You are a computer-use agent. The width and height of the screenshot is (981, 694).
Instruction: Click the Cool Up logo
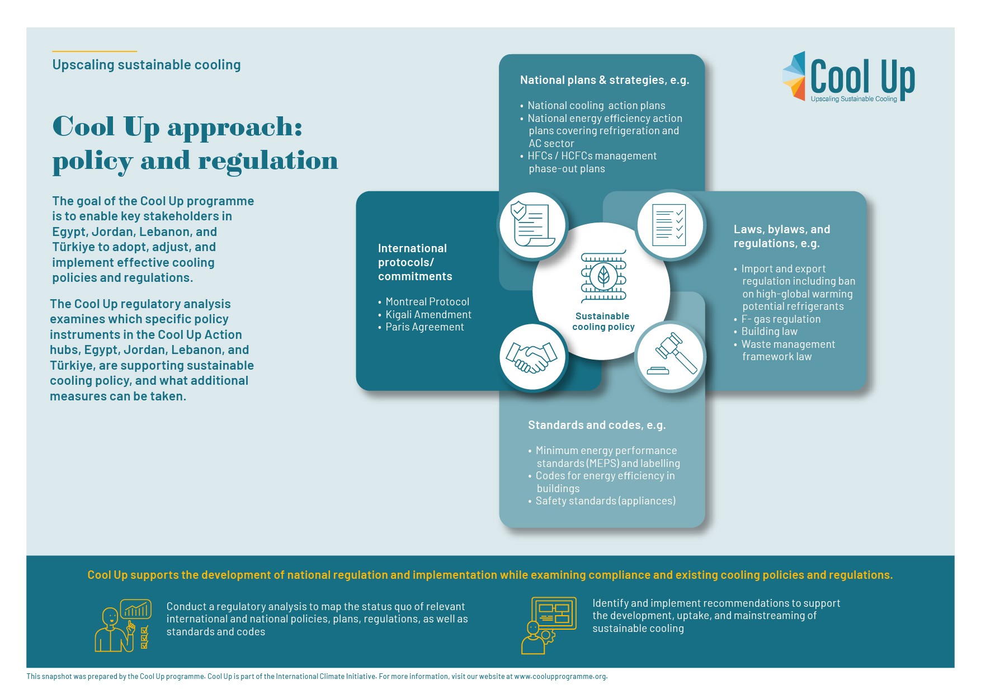(848, 77)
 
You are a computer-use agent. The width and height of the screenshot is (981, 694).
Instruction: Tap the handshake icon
(531, 357)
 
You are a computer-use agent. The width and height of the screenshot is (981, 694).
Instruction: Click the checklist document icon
(669, 225)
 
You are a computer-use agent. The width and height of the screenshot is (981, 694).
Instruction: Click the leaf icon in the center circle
(603, 275)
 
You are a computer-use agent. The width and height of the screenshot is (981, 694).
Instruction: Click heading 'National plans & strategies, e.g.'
(605, 80)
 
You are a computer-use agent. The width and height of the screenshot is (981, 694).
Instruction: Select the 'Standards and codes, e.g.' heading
(597, 425)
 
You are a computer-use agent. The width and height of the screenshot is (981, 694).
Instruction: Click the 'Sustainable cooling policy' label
(603, 322)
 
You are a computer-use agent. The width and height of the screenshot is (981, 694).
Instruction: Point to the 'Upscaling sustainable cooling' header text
(147, 65)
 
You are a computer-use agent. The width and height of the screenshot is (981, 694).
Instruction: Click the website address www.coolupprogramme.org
(560, 677)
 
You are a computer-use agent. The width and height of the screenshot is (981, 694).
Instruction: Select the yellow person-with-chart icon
(123, 626)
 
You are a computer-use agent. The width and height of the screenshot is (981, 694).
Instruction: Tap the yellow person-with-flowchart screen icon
(549, 625)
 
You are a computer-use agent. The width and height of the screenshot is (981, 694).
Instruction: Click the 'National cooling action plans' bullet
(596, 106)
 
